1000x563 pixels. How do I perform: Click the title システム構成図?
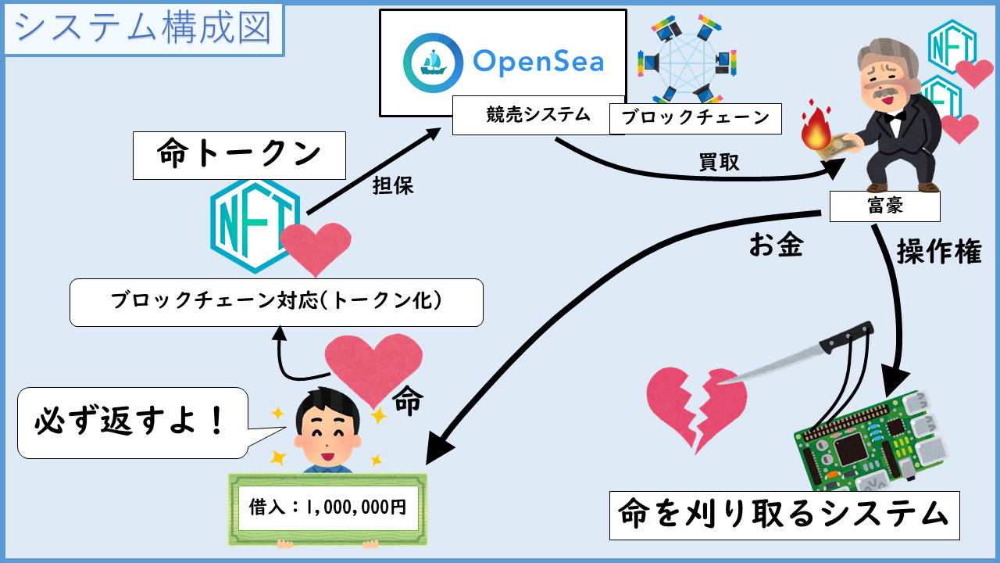point(143,30)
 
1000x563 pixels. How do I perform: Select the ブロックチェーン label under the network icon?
point(695,119)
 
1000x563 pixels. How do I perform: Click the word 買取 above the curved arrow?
point(718,162)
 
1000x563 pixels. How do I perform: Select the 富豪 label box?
point(884,206)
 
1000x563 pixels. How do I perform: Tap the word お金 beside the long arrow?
point(776,246)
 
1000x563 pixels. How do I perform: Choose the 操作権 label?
point(938,251)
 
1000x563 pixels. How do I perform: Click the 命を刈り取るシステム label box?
point(784,515)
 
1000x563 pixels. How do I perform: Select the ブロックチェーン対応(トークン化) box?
point(277,302)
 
